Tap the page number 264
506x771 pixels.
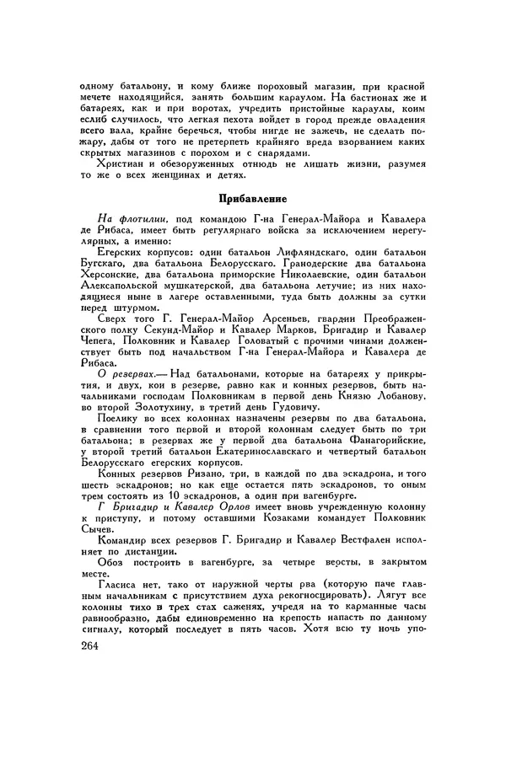point(85,646)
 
